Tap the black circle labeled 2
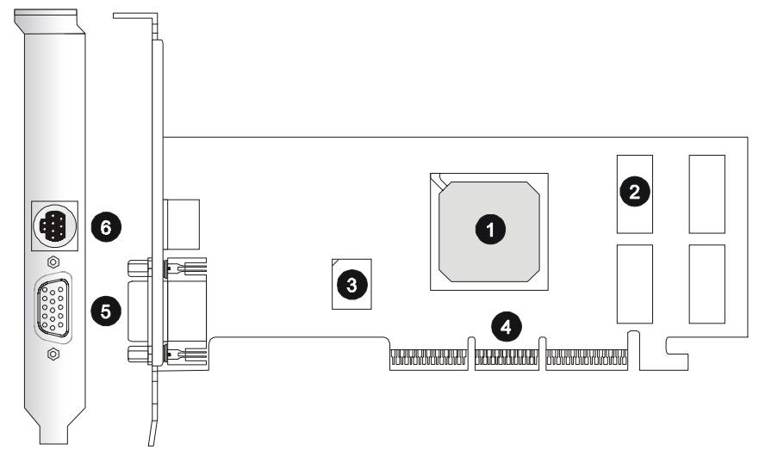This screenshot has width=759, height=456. (x=634, y=192)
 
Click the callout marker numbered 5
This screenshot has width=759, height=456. (x=106, y=311)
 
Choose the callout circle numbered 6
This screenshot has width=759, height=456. (x=106, y=228)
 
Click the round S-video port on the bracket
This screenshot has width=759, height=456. (x=55, y=227)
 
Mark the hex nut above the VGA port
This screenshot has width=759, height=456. (x=53, y=262)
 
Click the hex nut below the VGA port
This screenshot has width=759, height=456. (x=53, y=354)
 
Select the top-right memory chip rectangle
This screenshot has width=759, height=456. (x=706, y=194)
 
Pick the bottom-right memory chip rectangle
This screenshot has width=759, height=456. (x=706, y=284)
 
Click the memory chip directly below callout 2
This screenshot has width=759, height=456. (x=635, y=284)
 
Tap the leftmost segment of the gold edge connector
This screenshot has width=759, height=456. (x=427, y=358)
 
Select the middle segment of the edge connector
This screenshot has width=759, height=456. (x=507, y=358)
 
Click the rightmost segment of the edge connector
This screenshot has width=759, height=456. (x=586, y=358)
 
